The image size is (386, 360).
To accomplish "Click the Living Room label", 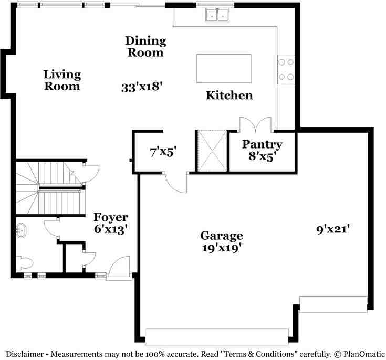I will (x=62, y=80).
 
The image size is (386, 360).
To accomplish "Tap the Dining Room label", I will (x=145, y=47).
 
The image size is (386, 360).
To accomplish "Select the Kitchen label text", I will (x=229, y=96).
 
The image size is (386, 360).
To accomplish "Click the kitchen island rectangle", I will (x=224, y=68).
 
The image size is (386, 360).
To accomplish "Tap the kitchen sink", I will (x=217, y=16).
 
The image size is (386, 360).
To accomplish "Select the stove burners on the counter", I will (x=286, y=69).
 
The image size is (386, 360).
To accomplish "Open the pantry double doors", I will (x=256, y=125).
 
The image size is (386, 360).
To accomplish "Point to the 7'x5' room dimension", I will (x=163, y=153).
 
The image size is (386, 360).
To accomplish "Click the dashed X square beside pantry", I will (x=212, y=150).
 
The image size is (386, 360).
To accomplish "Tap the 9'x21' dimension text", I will (x=333, y=229).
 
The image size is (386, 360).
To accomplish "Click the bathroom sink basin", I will (x=22, y=230).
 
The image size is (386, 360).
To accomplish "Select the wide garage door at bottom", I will (x=216, y=336).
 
